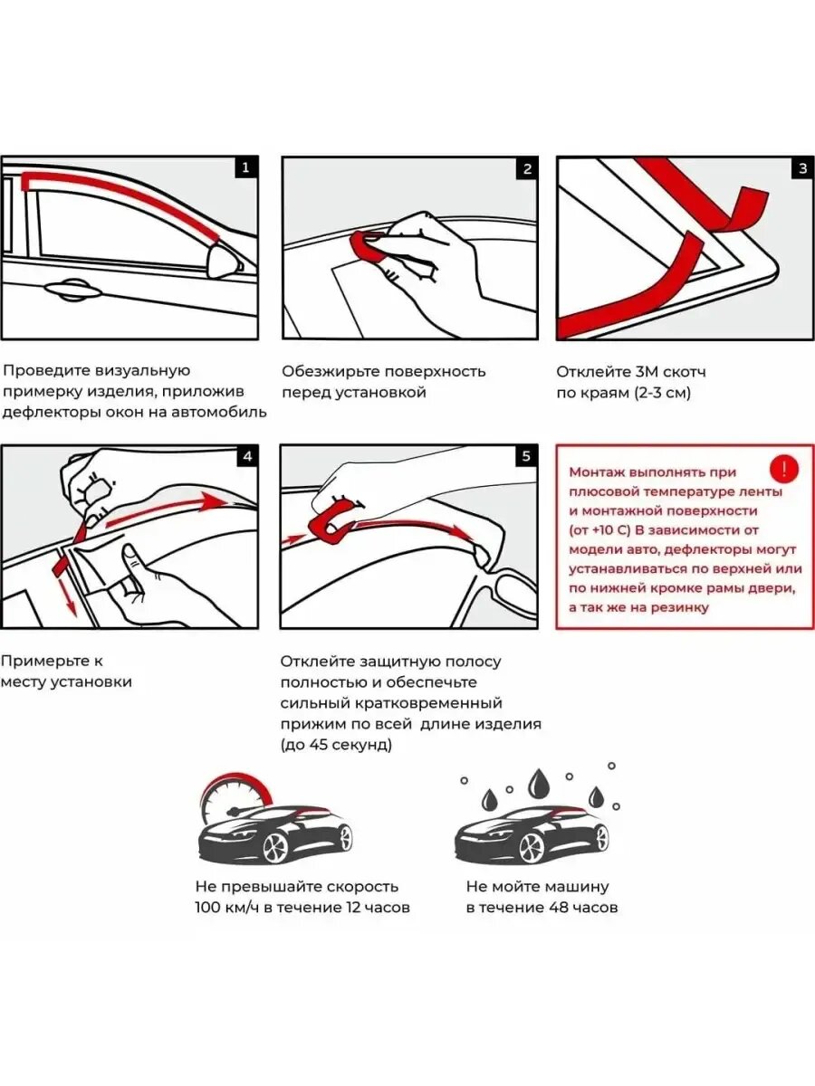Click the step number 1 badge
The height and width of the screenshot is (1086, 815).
(x=246, y=167)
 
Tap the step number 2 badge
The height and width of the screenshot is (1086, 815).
(x=526, y=168)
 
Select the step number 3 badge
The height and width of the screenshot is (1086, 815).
(x=802, y=168)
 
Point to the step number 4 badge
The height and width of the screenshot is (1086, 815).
(x=246, y=456)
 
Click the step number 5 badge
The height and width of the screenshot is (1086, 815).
(x=526, y=456)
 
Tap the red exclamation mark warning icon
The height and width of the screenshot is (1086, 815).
(x=783, y=469)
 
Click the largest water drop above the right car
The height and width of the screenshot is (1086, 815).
(x=540, y=782)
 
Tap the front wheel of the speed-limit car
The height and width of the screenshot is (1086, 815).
(x=275, y=847)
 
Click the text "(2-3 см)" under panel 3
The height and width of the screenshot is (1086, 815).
(x=658, y=393)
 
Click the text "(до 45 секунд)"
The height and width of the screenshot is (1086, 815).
(x=336, y=745)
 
